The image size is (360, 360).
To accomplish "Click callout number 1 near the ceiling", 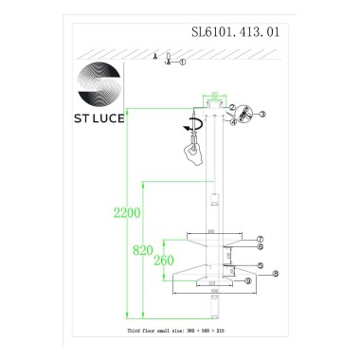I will tap(183, 64).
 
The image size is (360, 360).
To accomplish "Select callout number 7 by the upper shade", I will tap(260, 238).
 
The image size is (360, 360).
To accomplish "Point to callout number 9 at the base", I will tap(248, 281).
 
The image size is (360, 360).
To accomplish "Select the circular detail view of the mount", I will tap(239, 114).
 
